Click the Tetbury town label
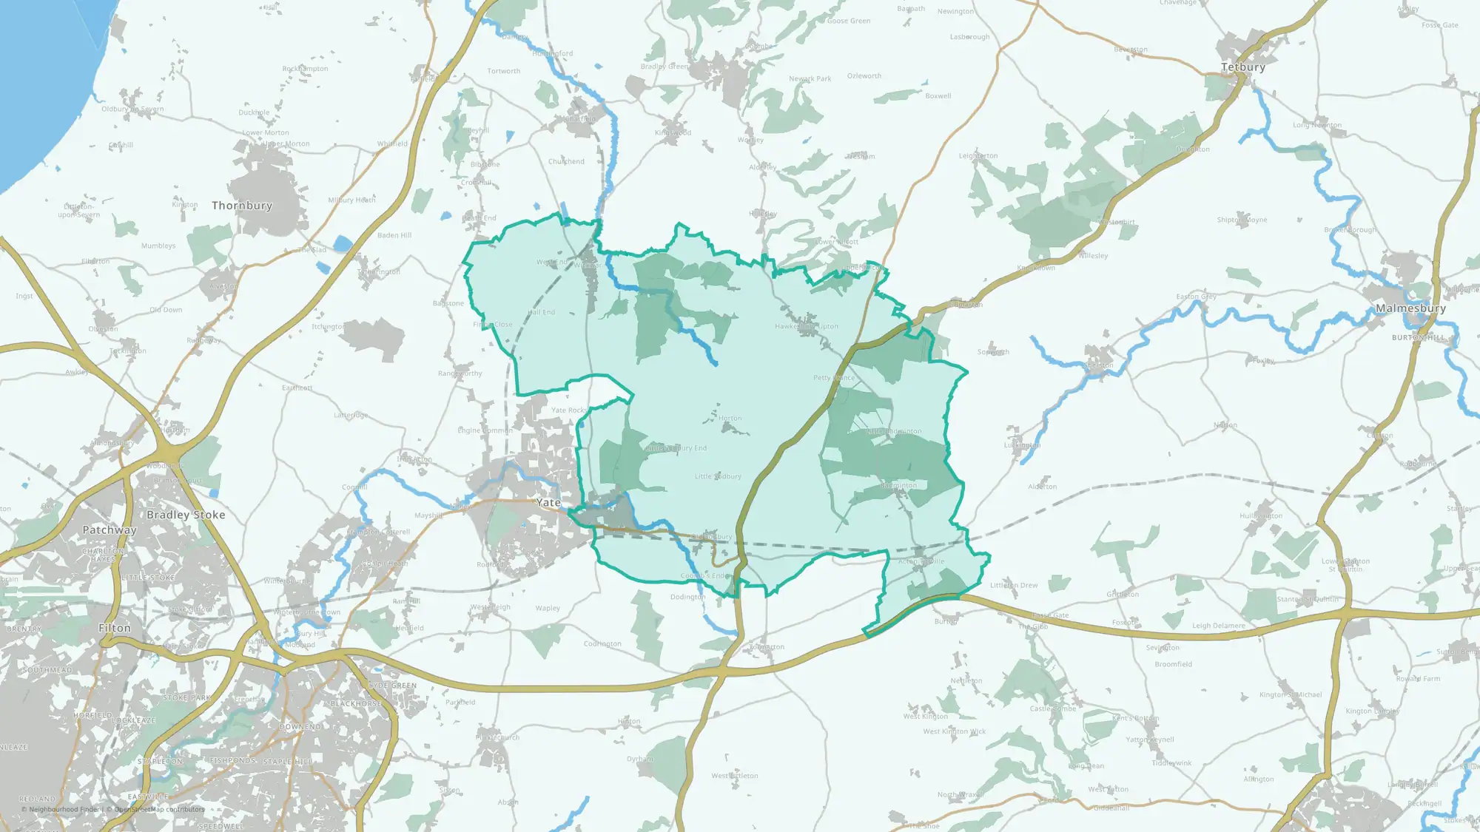(1243, 67)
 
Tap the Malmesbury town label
(1410, 308)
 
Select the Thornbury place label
(242, 206)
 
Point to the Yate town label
(548, 503)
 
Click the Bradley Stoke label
(186, 515)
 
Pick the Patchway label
(110, 530)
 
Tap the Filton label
(115, 628)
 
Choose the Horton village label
(730, 419)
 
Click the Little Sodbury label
(718, 476)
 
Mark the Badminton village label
(898, 486)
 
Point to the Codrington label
(602, 644)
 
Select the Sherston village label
(1098, 365)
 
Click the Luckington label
(1022, 445)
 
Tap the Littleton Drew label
(1014, 585)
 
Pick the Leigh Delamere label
(1219, 626)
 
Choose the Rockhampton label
(305, 69)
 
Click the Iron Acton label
(414, 459)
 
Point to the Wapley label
(548, 609)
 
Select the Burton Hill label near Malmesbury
(1418, 337)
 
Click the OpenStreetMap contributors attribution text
(159, 809)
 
